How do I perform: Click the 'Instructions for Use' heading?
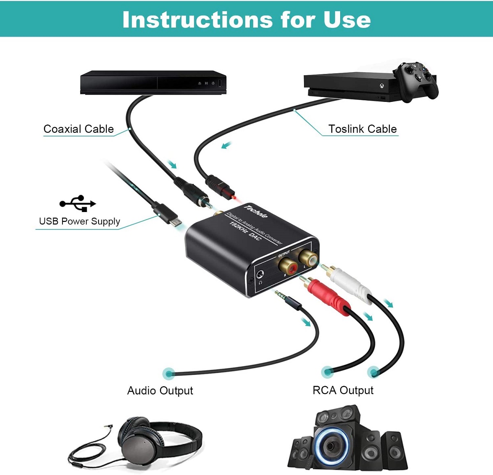246,19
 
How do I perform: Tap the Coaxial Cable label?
78,129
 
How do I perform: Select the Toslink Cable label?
362,129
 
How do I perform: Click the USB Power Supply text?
80,221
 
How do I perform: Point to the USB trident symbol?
78,203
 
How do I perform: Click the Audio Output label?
160,390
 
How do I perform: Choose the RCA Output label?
343,390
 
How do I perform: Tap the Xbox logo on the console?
381,86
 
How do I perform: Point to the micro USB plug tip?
175,222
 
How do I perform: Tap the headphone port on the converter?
260,274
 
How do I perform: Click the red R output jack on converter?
288,266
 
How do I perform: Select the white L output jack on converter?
308,257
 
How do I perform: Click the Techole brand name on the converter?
256,211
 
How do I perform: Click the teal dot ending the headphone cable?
170,374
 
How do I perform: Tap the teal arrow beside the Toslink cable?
226,145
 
